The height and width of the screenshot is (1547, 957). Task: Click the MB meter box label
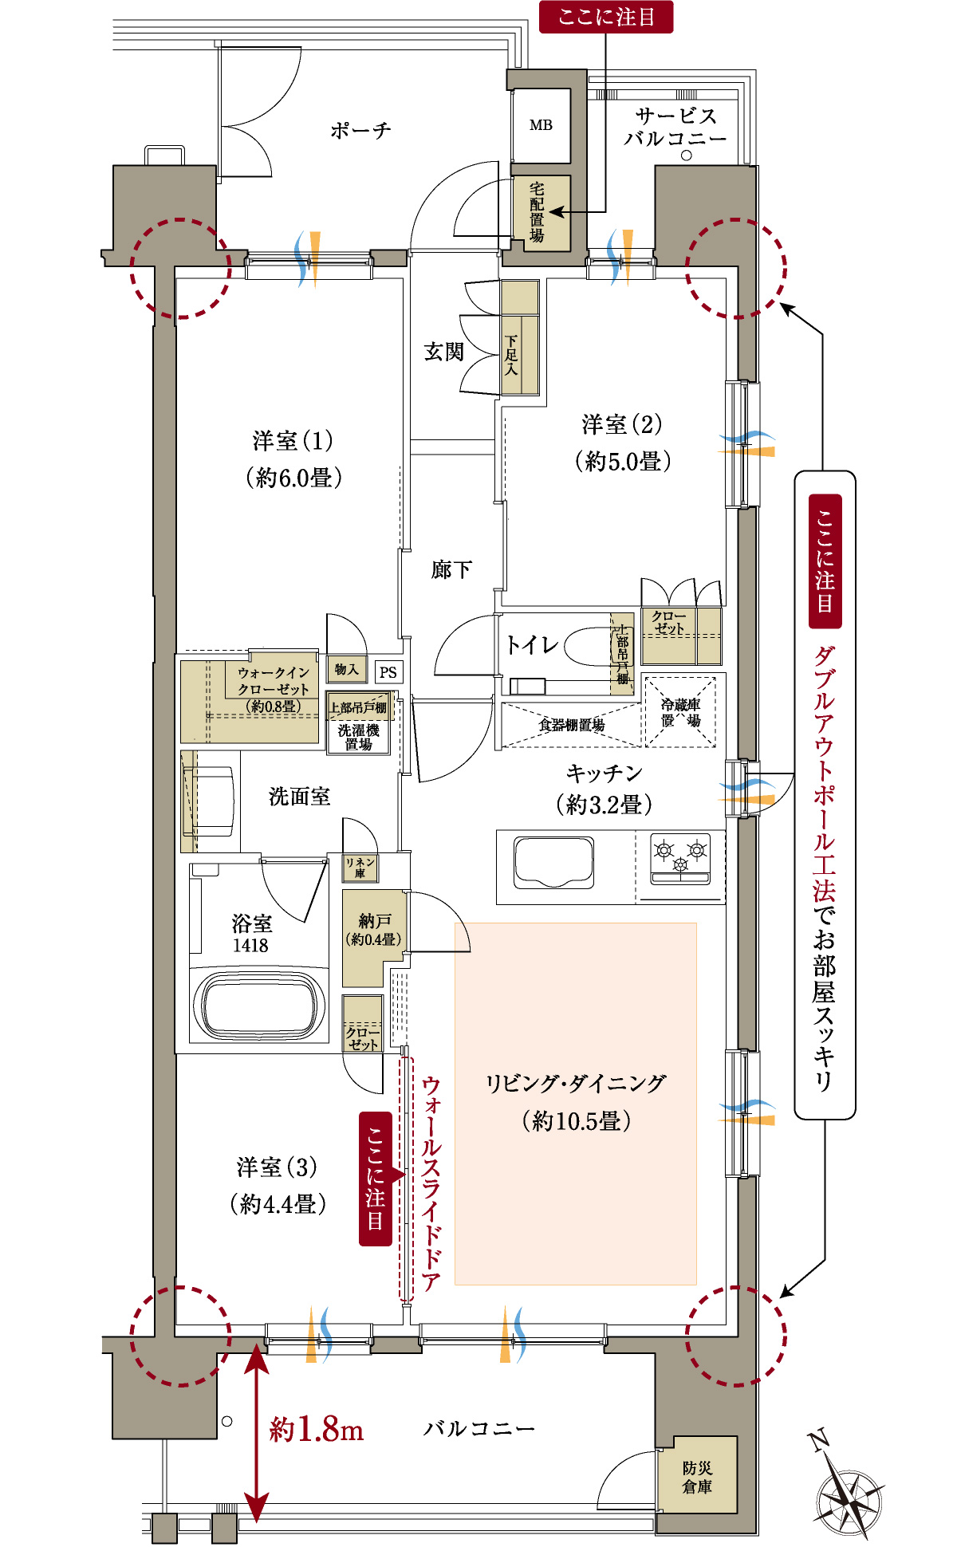pyautogui.click(x=541, y=125)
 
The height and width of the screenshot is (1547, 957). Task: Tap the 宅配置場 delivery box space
pyautogui.click(x=538, y=213)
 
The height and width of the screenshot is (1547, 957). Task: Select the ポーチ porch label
pyautogui.click(x=360, y=130)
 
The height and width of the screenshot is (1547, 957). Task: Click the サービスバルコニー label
pyautogui.click(x=675, y=128)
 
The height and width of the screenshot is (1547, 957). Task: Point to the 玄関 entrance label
pyautogui.click(x=443, y=352)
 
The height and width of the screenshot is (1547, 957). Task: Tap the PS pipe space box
pyautogui.click(x=388, y=672)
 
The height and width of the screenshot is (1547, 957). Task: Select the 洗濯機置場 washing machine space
pyautogui.click(x=358, y=737)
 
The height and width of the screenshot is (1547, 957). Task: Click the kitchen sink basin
pyautogui.click(x=553, y=862)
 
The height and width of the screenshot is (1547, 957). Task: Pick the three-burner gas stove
pyautogui.click(x=680, y=858)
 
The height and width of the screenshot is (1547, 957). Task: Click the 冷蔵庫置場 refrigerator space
pyautogui.click(x=680, y=712)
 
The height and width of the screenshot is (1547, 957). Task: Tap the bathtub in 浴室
pyautogui.click(x=260, y=1005)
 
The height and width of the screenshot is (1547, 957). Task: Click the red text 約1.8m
pyautogui.click(x=317, y=1429)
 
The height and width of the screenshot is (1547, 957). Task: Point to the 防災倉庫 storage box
pyautogui.click(x=697, y=1477)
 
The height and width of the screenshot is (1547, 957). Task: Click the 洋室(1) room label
pyautogui.click(x=293, y=441)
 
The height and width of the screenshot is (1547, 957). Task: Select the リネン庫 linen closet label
pyautogui.click(x=360, y=868)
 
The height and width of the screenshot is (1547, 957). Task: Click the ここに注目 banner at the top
pyautogui.click(x=606, y=17)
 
